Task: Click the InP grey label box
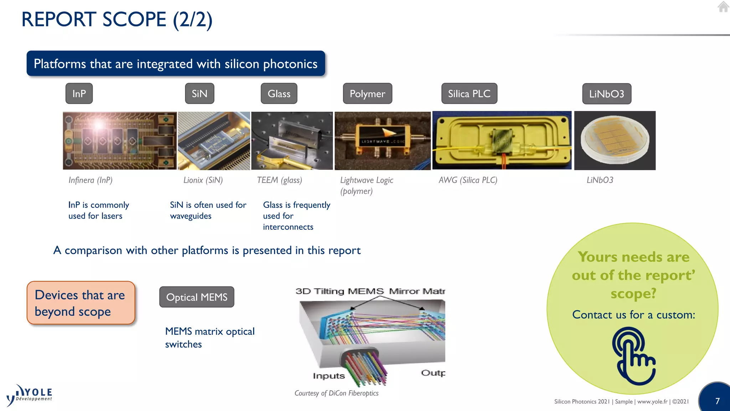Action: tap(79, 93)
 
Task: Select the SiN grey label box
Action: tap(200, 93)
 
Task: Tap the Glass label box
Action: tap(279, 93)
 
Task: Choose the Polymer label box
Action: tap(367, 93)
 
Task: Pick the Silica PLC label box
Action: tap(469, 93)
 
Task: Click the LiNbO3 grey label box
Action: tap(607, 94)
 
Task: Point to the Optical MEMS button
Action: tap(197, 297)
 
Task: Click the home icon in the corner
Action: tap(723, 7)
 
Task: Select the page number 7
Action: tap(718, 401)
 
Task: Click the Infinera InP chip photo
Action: tap(120, 141)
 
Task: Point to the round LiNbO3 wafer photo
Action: tap(615, 140)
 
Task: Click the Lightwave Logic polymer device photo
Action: tap(382, 141)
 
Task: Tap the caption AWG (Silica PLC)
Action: tap(468, 180)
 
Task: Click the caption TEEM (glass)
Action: tap(279, 180)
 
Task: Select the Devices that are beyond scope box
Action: tap(81, 303)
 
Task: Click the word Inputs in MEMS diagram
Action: tap(329, 376)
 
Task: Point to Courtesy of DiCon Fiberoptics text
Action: tap(336, 393)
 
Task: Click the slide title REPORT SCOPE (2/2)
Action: tap(117, 19)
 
